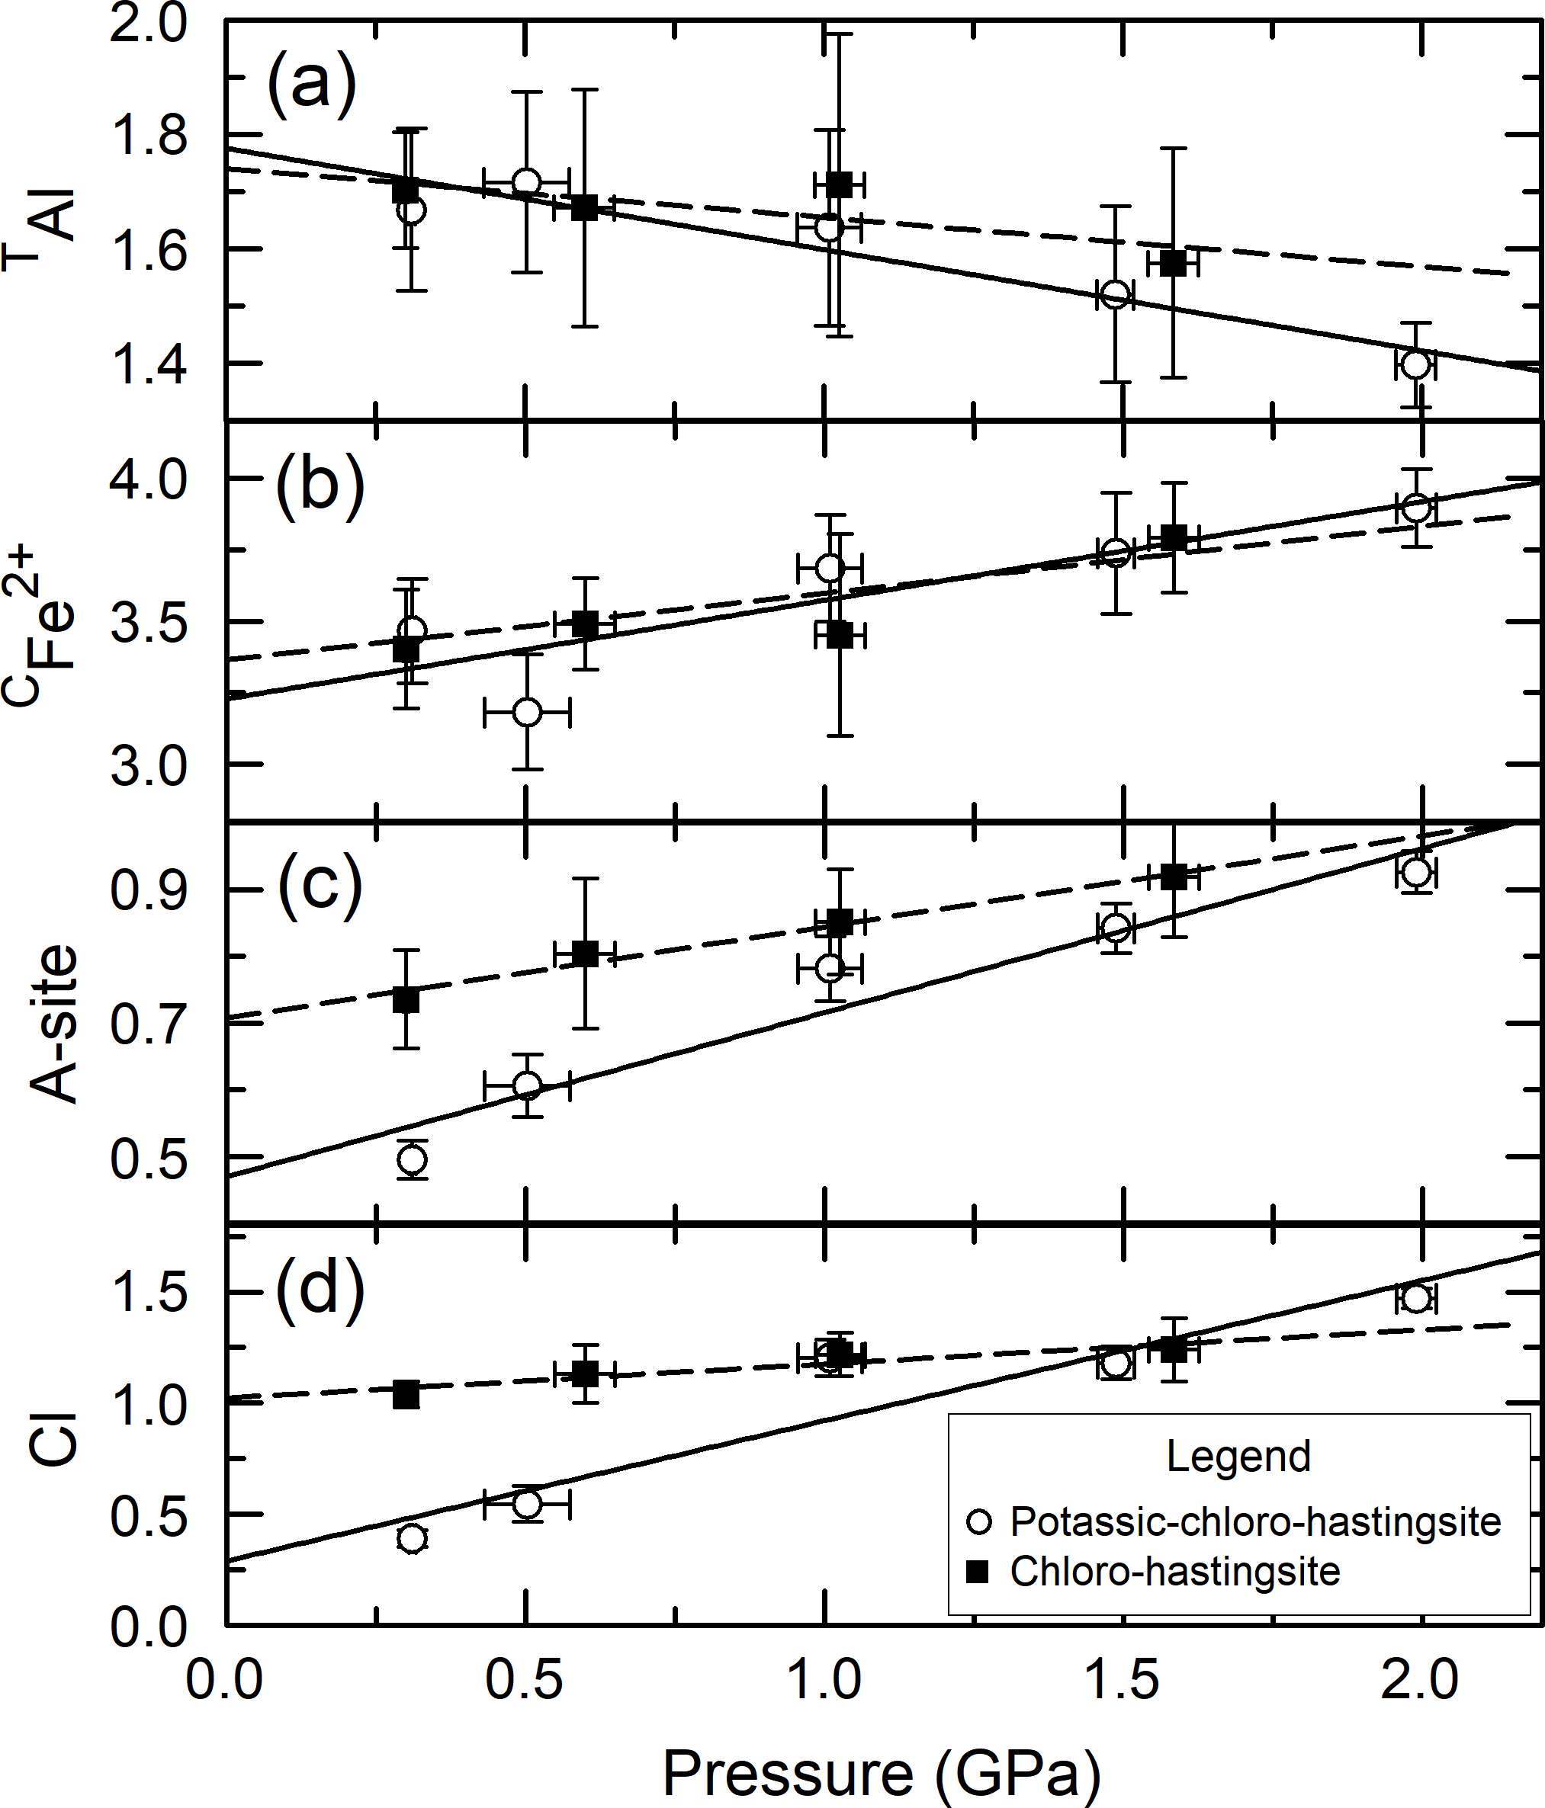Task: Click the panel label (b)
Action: [x=320, y=486]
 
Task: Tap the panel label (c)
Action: [x=320, y=886]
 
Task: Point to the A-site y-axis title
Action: [x=54, y=1024]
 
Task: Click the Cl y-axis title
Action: [x=54, y=1441]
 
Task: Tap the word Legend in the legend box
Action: [x=1238, y=1457]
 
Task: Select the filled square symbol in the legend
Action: [x=979, y=1572]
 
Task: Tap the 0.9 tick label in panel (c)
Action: [x=149, y=891]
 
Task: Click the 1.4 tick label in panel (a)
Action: [x=149, y=365]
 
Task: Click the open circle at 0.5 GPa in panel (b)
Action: [x=526, y=712]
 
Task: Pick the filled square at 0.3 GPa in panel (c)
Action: [x=406, y=1000]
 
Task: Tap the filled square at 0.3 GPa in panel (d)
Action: [x=406, y=1394]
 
